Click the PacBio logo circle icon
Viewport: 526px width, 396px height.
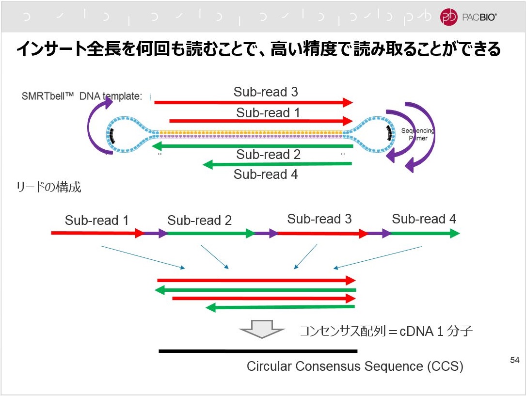[x=448, y=17]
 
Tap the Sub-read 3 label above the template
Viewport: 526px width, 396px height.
[x=266, y=92]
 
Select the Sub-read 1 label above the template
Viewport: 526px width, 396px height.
[x=268, y=112]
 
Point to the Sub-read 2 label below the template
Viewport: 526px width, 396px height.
[x=268, y=155]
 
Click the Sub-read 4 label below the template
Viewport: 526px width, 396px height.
[x=266, y=174]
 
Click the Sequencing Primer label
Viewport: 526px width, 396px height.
[x=417, y=134]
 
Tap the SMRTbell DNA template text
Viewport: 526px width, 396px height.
[x=81, y=96]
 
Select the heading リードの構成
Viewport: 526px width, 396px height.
[x=49, y=188]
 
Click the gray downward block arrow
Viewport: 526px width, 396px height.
[x=262, y=329]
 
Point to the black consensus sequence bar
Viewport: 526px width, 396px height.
[x=257, y=351]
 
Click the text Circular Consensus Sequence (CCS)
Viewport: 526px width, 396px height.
[x=354, y=366]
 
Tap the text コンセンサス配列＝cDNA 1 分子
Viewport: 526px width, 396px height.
[x=385, y=332]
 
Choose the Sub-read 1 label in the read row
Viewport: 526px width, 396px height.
[x=96, y=221]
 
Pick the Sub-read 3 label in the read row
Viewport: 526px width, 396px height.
[x=319, y=219]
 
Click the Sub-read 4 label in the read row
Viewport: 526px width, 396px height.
[x=424, y=219]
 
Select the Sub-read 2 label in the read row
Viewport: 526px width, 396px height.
[x=199, y=221]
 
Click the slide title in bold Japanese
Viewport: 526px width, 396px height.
[x=258, y=49]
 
